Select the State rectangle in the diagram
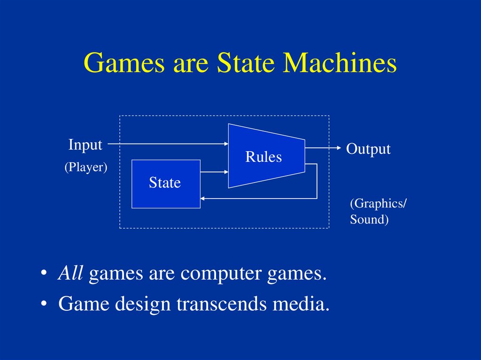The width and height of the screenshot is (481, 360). tap(165, 183)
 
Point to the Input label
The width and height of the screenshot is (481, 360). tap(85, 145)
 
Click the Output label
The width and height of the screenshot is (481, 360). tap(368, 149)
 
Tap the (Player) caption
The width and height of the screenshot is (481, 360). tap(86, 168)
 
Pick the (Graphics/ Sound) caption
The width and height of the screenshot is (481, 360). tap(378, 211)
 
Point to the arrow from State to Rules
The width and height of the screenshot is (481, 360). tap(214, 172)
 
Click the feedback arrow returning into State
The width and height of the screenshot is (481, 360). tap(258, 198)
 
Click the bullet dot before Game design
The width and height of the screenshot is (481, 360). tap(44, 305)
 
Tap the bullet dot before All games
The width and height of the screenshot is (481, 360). tap(44, 274)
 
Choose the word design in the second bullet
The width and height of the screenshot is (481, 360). tap(144, 305)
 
